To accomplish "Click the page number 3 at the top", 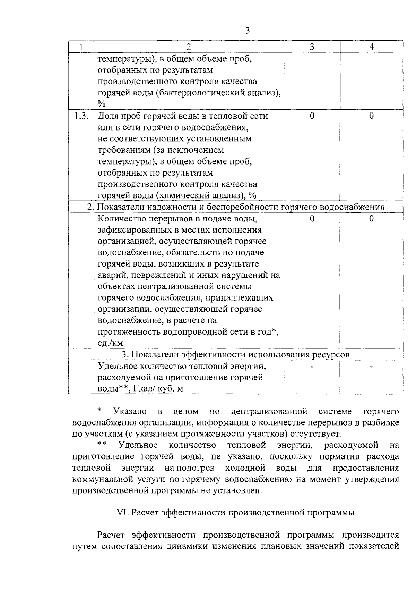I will (247, 31).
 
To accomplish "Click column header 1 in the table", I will (81, 47).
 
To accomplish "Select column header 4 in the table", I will (371, 47).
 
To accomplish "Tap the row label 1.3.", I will (81, 116).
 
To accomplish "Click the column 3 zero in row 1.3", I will (312, 116).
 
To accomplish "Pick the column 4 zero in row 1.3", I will (371, 116).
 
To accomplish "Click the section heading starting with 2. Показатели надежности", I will (236, 207).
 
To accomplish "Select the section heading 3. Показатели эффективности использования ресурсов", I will (236, 355).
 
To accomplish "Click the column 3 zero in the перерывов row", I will (312, 218).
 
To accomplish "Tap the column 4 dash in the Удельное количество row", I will (371, 367).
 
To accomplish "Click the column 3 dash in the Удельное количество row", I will (312, 367).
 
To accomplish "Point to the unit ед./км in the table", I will (110, 343).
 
